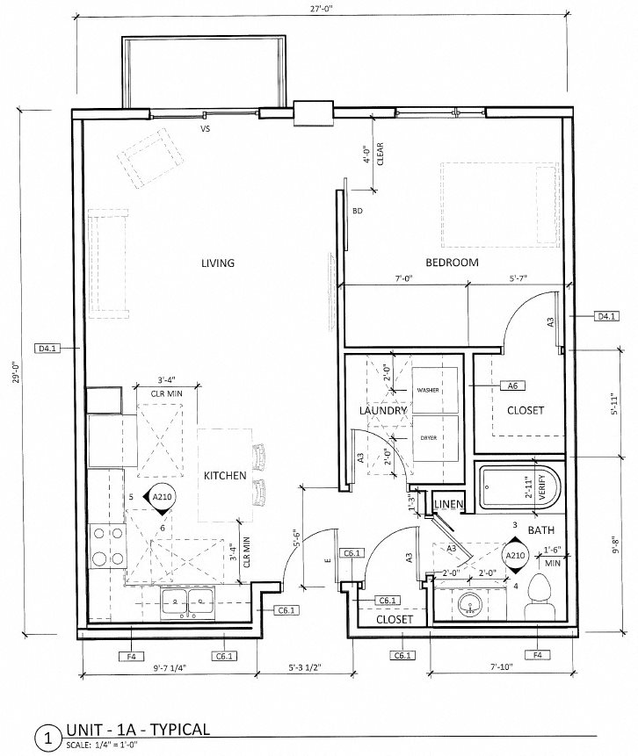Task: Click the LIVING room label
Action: (x=218, y=263)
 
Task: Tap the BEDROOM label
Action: (x=453, y=263)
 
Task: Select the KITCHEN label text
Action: (x=225, y=475)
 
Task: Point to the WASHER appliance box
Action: (x=435, y=390)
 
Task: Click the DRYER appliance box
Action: (x=435, y=438)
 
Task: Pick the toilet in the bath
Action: (x=540, y=598)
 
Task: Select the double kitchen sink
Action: (x=188, y=602)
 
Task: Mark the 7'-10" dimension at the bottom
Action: (x=502, y=667)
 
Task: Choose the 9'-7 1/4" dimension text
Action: (x=170, y=668)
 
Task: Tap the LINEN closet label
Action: (x=449, y=504)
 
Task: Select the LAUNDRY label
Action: (x=383, y=411)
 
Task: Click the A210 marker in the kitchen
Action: (x=162, y=497)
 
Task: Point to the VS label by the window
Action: (x=206, y=129)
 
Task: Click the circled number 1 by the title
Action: (x=47, y=738)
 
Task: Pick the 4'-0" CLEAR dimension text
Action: (x=373, y=155)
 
